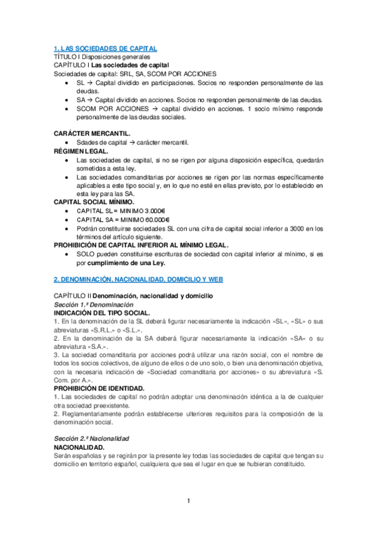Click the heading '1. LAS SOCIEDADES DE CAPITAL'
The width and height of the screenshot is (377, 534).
(x=104, y=48)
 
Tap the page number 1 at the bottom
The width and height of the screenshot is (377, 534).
(x=188, y=501)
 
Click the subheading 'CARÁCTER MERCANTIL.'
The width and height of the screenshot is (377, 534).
(x=92, y=134)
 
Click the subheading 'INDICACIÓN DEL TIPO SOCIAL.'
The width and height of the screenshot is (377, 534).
(x=101, y=312)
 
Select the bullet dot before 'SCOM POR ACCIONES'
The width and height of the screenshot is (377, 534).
(x=67, y=108)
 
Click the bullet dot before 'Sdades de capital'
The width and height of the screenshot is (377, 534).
(x=67, y=143)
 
